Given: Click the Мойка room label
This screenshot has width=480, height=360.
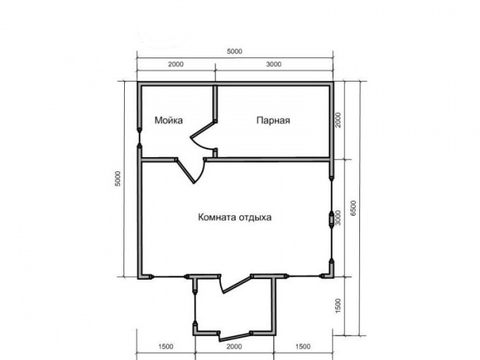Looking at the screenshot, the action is click(x=169, y=120).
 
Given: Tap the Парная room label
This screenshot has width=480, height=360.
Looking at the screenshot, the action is click(x=273, y=120).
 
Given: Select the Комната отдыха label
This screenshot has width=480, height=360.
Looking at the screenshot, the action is click(x=235, y=217).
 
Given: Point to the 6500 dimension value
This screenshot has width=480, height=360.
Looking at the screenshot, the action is click(x=354, y=208).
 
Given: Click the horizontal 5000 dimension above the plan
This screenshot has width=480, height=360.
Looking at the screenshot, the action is click(x=235, y=51).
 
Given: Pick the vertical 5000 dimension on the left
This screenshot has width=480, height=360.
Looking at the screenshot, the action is click(x=118, y=178).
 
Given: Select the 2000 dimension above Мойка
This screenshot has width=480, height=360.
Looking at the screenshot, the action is click(x=176, y=64).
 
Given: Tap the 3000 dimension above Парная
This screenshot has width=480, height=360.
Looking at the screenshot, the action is click(x=274, y=64).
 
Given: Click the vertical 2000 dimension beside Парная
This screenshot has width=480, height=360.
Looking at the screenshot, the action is click(x=337, y=120).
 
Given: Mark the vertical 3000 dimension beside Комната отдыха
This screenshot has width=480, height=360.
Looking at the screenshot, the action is click(x=337, y=217).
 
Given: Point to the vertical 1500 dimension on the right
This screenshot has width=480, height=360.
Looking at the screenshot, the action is click(x=337, y=306).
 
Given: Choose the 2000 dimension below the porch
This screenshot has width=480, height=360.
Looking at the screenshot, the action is click(x=235, y=346).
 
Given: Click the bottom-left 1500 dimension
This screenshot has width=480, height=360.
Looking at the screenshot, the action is click(x=166, y=346).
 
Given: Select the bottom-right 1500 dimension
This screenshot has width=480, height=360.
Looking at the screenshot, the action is click(x=303, y=346).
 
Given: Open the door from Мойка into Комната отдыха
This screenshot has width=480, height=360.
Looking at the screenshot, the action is click(x=192, y=171).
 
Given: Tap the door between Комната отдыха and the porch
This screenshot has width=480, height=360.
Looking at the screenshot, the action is click(x=236, y=283).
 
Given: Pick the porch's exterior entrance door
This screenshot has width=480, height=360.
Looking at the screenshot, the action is click(x=235, y=337).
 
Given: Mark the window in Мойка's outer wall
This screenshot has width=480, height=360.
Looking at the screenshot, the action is click(x=139, y=138).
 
